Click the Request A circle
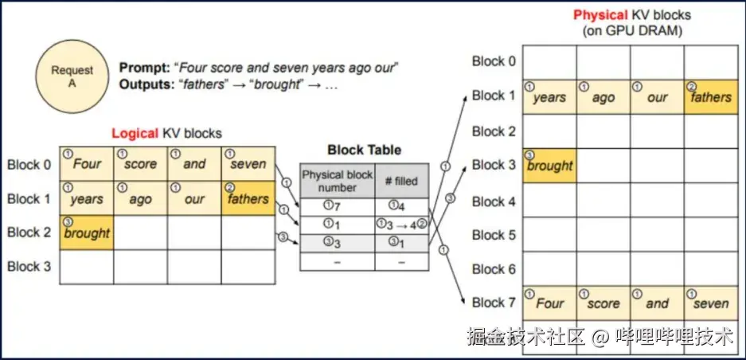click(x=72, y=76)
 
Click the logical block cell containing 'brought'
click(x=87, y=232)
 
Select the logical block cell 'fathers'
click(x=248, y=198)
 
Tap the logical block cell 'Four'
click(x=87, y=164)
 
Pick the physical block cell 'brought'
click(x=549, y=165)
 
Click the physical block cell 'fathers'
click(x=710, y=96)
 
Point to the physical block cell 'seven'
click(x=710, y=303)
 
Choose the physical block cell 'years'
click(x=549, y=96)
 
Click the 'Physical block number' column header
click(x=337, y=181)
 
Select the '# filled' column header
click(x=400, y=181)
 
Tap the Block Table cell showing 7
click(x=337, y=207)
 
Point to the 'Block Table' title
click(x=365, y=150)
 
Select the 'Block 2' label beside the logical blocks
click(x=29, y=232)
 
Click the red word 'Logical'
click(x=135, y=133)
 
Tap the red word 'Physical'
click(x=599, y=15)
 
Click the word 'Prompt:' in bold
click(x=144, y=67)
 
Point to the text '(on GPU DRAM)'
click(x=632, y=31)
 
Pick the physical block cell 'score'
click(x=603, y=303)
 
